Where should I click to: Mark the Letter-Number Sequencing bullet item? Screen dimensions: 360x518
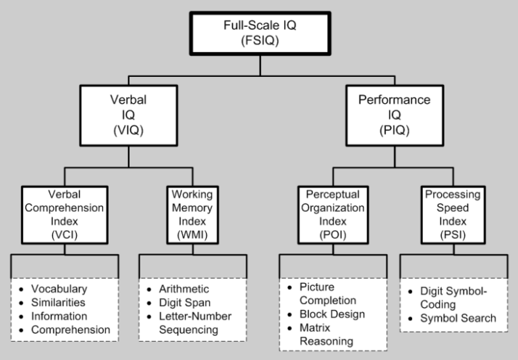(194, 323)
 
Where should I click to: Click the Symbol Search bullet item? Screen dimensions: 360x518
(457, 318)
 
